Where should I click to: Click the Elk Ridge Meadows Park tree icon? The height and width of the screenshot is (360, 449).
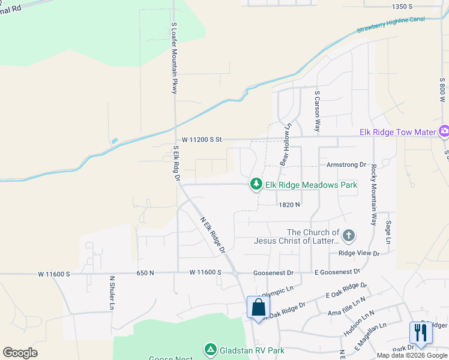(256, 184)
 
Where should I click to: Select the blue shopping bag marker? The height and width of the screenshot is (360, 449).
(258, 308)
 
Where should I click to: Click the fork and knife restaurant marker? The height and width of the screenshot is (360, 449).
(420, 332)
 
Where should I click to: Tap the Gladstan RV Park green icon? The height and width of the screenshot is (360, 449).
(210, 349)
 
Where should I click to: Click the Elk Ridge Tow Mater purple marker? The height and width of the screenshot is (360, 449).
(444, 131)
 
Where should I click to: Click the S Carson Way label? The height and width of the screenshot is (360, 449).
(317, 111)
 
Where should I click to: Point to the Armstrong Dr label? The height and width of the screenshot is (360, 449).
(346, 164)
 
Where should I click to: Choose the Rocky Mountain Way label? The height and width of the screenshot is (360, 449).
(373, 194)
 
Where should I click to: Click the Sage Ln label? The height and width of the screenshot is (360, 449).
(389, 231)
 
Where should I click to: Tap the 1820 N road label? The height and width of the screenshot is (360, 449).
(289, 205)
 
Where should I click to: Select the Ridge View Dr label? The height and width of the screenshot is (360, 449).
(359, 253)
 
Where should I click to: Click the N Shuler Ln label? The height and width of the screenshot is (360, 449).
(112, 293)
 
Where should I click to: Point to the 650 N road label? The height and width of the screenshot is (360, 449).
(145, 273)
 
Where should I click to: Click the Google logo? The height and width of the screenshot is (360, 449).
(20, 352)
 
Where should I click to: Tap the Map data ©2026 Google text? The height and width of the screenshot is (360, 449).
(411, 355)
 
